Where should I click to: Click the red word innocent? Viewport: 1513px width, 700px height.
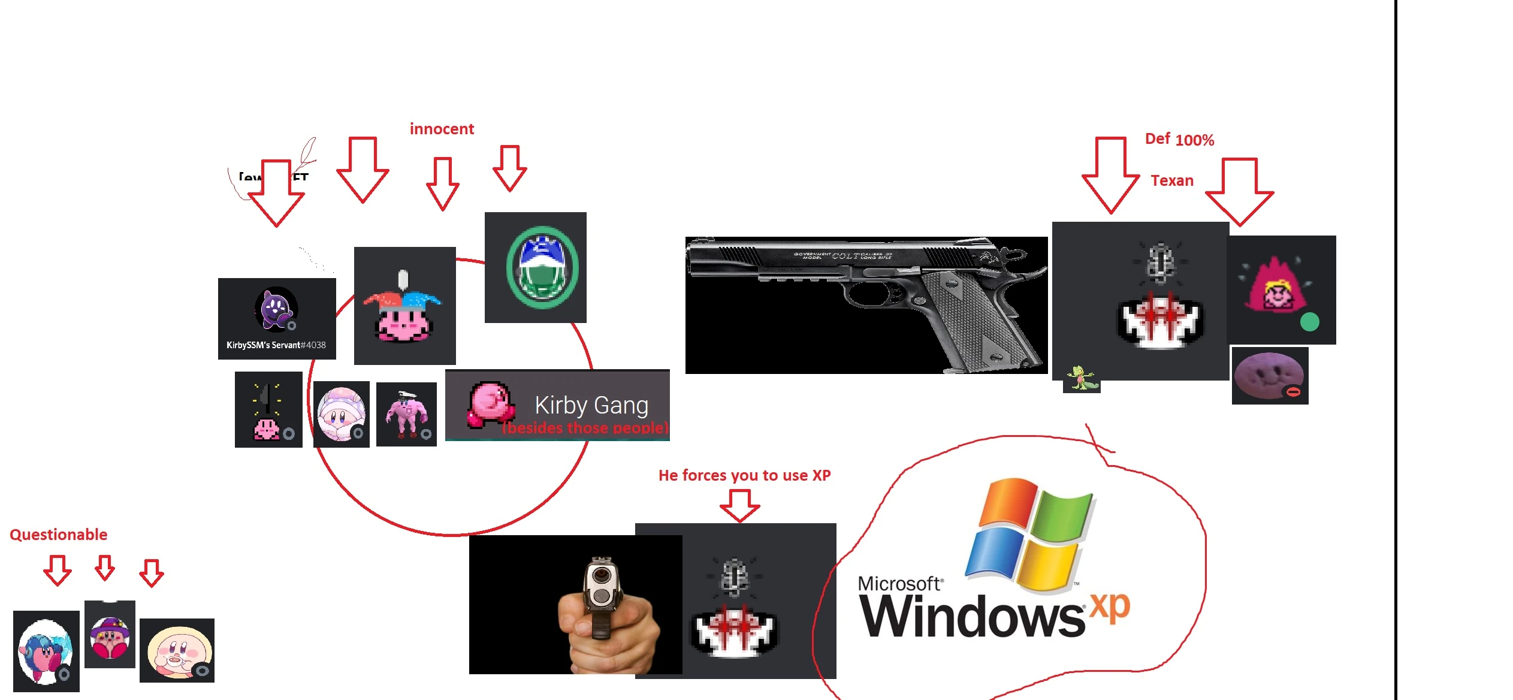442,129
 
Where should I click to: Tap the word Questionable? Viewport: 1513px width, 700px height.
59,535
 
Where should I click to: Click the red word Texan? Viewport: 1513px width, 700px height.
1172,180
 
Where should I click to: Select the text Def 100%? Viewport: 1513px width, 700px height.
1179,140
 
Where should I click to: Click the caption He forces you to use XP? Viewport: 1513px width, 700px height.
744,475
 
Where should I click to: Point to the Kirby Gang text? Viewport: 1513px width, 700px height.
591,405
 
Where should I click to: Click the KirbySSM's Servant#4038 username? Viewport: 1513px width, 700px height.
276,345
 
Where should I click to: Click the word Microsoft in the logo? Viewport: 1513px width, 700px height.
900,584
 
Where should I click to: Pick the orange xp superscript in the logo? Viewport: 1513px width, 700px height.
1110,607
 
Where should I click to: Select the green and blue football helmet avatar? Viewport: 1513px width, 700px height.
542,267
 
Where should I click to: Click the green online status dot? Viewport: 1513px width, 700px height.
1309,322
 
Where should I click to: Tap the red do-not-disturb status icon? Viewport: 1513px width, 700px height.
1293,392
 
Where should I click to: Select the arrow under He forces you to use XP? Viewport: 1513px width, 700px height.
740,505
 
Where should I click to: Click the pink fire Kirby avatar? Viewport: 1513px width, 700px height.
1276,288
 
